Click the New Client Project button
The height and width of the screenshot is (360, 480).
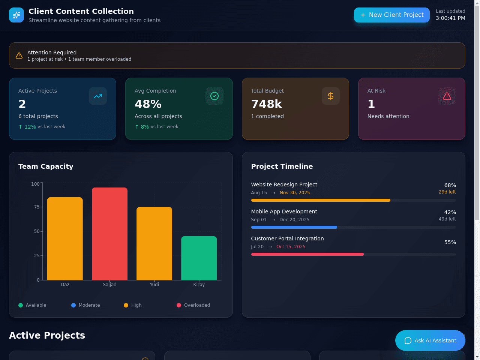tap(391, 15)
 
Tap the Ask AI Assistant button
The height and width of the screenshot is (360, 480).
tap(430, 340)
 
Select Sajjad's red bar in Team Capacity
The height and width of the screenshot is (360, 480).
tap(109, 234)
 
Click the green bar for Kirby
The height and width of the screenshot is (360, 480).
tap(199, 258)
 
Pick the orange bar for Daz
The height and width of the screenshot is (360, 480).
tap(65, 239)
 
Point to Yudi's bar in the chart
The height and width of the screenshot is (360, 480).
tap(154, 243)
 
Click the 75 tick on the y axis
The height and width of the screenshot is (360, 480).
tap(37, 207)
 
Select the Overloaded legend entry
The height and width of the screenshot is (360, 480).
tap(193, 305)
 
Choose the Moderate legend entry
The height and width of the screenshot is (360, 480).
tap(85, 305)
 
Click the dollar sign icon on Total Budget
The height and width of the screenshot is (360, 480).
tap(331, 96)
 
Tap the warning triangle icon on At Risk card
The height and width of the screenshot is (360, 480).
tap(447, 96)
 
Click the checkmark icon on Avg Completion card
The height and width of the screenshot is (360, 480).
tap(214, 96)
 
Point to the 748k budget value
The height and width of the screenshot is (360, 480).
tap(267, 104)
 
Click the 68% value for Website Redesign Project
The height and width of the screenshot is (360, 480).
tap(450, 185)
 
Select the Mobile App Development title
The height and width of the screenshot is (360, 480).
tap(284, 211)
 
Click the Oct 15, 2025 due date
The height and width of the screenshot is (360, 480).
tap(291, 246)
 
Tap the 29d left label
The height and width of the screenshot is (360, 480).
tap(447, 192)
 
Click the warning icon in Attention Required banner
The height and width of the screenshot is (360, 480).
tap(19, 55)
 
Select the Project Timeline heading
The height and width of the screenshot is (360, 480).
tap(282, 166)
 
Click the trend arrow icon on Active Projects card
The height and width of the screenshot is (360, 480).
tap(98, 96)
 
